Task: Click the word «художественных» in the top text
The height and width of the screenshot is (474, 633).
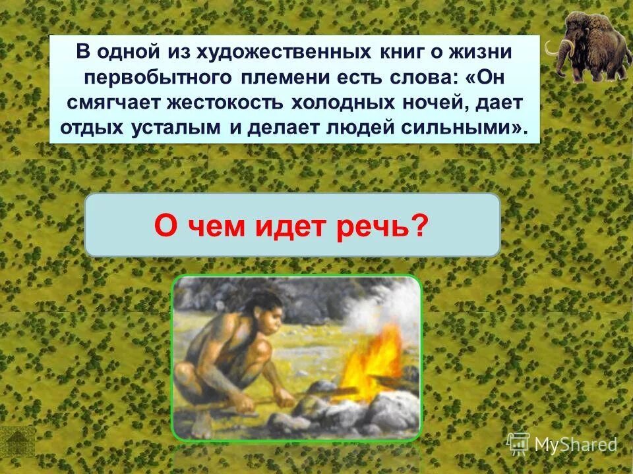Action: (x=301, y=51)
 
